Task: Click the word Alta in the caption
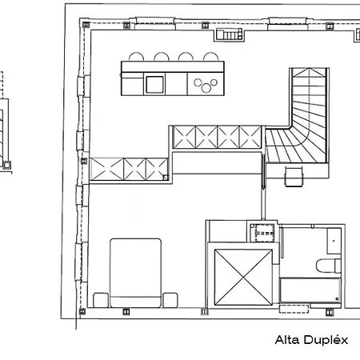pyautogui.click(x=287, y=340)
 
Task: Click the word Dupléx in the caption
pyautogui.click(x=326, y=340)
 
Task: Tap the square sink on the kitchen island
pyautogui.click(x=154, y=85)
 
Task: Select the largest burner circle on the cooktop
pyautogui.click(x=206, y=88)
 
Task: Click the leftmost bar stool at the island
pyautogui.click(x=137, y=57)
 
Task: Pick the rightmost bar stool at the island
pyautogui.click(x=211, y=57)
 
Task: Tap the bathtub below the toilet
pyautogui.click(x=310, y=290)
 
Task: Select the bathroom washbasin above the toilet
pyautogui.click(x=334, y=241)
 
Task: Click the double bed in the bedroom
pyautogui.click(x=136, y=273)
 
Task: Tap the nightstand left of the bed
pyautogui.click(x=101, y=300)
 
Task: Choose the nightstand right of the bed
pyautogui.click(x=170, y=300)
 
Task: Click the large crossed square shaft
pyautogui.click(x=243, y=278)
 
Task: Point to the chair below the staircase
pyautogui.click(x=294, y=176)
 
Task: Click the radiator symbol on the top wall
pyautogui.click(x=230, y=34)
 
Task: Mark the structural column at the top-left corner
pyautogui.click(x=86, y=25)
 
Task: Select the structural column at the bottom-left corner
pyautogui.click(x=82, y=311)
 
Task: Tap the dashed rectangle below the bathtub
pyautogui.click(x=294, y=309)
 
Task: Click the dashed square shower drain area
pyautogui.click(x=265, y=233)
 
